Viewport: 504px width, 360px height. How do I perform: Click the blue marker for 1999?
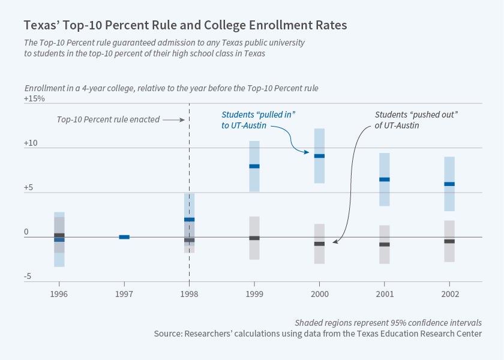254,166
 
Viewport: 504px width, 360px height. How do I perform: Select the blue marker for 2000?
319,156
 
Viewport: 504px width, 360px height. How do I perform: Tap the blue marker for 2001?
385,179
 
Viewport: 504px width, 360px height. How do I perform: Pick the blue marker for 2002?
449,184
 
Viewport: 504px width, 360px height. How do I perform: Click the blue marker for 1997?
124,237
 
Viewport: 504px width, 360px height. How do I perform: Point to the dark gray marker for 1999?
254,238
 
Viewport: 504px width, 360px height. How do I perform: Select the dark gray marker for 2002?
449,241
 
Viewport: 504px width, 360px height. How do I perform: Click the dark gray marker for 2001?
385,244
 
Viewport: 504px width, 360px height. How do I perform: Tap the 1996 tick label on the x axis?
59,294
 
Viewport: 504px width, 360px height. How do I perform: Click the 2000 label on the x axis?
319,294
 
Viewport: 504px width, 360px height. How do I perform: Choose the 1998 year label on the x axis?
189,294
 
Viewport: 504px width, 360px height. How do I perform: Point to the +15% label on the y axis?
34,98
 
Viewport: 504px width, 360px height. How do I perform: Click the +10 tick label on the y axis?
31,143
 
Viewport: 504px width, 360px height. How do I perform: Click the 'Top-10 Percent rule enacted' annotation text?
108,119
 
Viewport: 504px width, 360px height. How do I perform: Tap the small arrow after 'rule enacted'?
173,120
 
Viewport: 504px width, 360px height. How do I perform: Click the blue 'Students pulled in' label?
259,120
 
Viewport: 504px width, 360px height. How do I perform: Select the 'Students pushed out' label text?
416,120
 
